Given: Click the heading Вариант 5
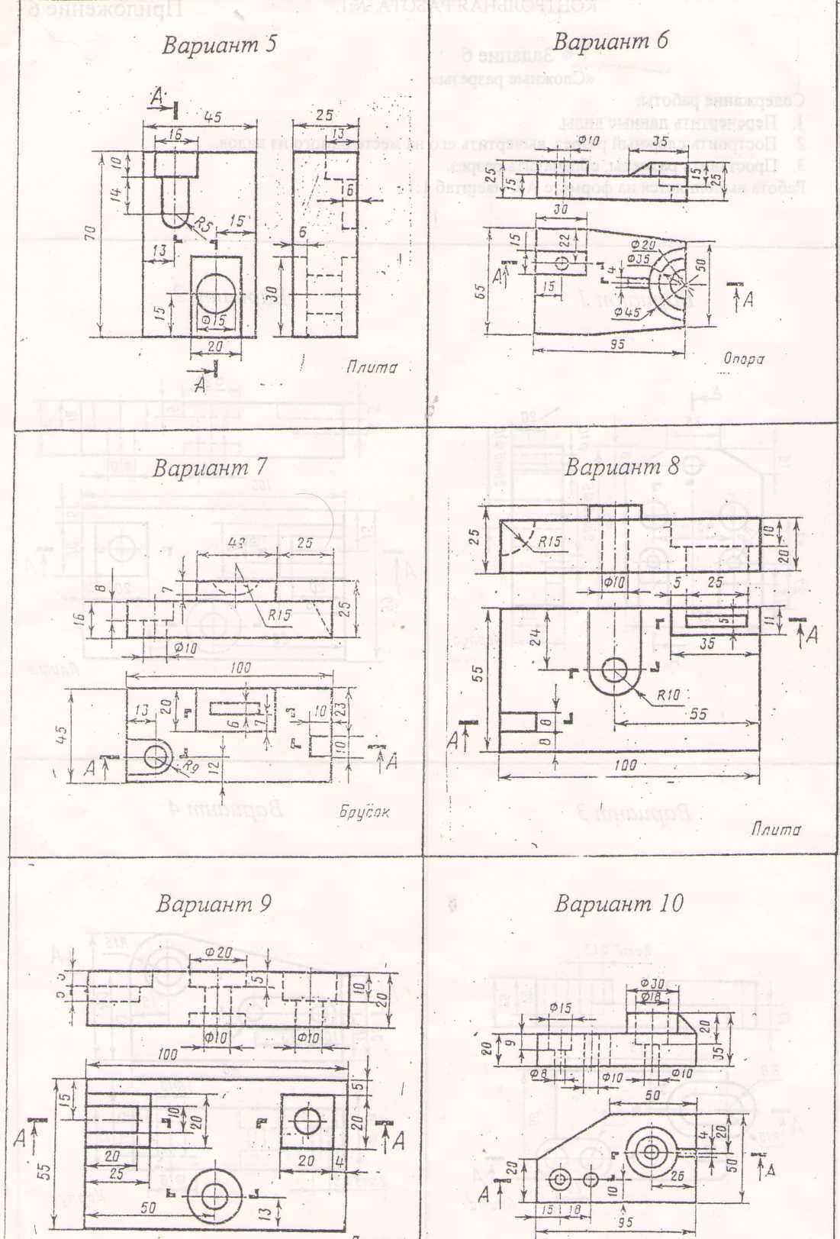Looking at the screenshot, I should [x=219, y=45].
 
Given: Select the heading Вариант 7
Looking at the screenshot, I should [x=209, y=467].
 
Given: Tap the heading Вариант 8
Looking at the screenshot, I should [x=621, y=467].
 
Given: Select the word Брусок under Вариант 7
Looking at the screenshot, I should [x=365, y=811].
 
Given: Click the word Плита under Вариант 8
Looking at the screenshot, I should [x=776, y=830].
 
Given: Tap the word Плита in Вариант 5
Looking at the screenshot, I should [x=372, y=367].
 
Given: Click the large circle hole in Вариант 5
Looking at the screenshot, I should [x=216, y=291].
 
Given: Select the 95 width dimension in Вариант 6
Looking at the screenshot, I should [x=616, y=344].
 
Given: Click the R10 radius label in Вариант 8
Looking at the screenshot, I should [x=672, y=695].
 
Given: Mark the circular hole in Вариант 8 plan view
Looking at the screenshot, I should [x=616, y=672].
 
